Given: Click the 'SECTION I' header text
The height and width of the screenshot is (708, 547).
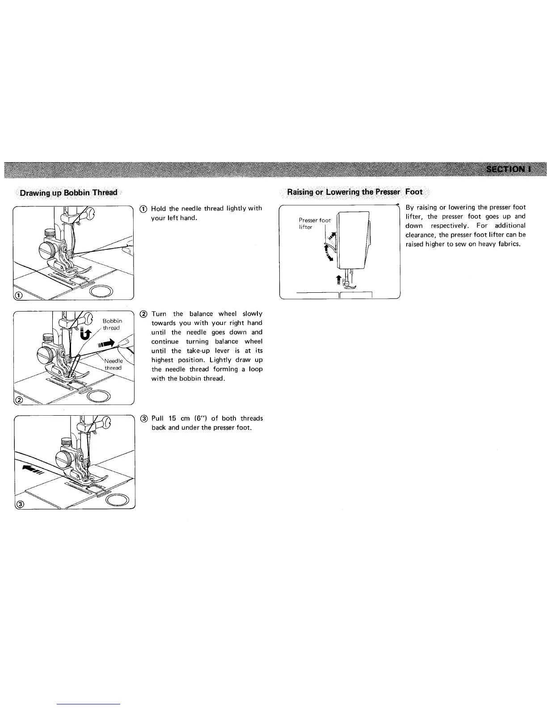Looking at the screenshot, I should [509, 169].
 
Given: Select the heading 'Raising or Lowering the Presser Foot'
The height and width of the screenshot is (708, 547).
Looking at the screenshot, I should [355, 192].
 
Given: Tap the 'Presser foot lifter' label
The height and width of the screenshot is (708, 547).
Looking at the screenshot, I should [314, 223].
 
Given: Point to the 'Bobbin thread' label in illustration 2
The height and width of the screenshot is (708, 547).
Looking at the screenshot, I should [112, 324].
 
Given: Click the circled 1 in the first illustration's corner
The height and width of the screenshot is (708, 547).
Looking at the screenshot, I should [18, 295].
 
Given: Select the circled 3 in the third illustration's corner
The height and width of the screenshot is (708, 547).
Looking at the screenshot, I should [19, 505].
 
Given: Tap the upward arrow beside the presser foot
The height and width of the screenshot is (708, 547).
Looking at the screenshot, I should [338, 279].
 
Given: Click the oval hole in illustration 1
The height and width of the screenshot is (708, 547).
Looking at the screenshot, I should [102, 291].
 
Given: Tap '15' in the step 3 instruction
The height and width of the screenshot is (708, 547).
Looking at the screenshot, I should [173, 418].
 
